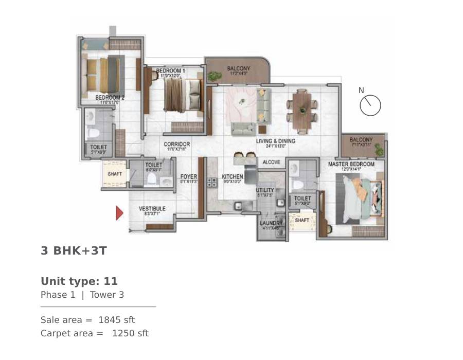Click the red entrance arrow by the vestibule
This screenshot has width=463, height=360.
click(119, 213)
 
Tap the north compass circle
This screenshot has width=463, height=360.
click(370, 105)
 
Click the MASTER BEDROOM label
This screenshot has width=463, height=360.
click(351, 165)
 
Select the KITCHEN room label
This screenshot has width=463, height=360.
click(232, 177)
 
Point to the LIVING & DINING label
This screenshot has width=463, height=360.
click(276, 141)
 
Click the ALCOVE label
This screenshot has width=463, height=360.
click(271, 163)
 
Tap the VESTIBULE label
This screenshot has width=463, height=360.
click(152, 209)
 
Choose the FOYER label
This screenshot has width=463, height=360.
click(189, 177)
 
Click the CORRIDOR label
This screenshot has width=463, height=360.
click(177, 145)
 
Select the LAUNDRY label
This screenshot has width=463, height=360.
click(270, 223)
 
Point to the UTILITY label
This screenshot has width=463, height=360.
click(265, 190)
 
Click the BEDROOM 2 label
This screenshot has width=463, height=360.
click(110, 97)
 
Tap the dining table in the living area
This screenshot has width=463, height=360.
click(302, 109)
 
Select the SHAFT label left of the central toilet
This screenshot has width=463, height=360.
click(115, 174)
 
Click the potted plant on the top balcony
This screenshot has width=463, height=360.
click(214, 77)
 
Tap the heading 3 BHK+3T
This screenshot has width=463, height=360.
click(74, 250)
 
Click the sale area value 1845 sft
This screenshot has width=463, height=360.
click(116, 320)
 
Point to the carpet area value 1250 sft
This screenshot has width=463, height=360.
click(130, 333)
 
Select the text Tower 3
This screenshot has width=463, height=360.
click(107, 295)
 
